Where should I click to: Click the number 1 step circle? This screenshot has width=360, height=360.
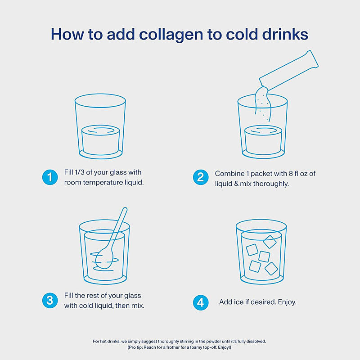pos(50,177)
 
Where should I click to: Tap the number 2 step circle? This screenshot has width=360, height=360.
pos(201,177)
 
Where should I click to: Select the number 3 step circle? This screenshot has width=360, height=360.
pos(50,300)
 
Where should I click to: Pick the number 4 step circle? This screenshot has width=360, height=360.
pos(201,302)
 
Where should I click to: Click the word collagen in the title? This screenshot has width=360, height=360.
pos(171,35)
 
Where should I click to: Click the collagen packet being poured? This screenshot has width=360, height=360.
pos(289,71)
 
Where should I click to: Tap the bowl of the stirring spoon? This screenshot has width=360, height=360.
pos(104,259)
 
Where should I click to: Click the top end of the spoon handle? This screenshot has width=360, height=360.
pos(125,209)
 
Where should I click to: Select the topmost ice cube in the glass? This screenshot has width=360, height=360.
pos(270,242)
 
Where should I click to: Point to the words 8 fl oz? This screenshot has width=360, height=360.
pos(299,174)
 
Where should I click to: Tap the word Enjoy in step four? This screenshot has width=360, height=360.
pos(287,302)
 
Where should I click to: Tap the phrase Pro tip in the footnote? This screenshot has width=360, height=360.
pos(135,347)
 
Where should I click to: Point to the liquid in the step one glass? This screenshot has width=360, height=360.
pos(100,139)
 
